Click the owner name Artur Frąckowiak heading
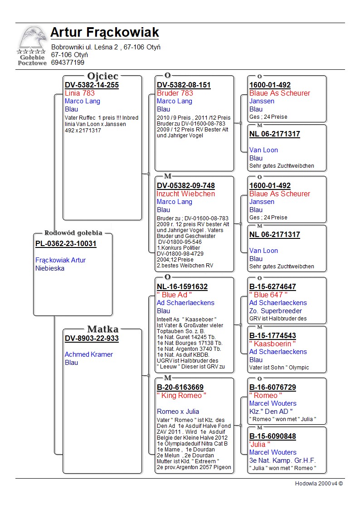tap(105, 33)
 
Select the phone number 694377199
tap(68, 63)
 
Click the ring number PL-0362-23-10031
tap(66, 244)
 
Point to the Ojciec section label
tap(102, 76)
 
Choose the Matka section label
tap(102, 329)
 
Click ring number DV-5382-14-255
tap(92, 85)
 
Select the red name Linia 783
tap(79, 93)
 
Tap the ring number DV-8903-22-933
tap(92, 338)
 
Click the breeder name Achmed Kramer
tap(88, 354)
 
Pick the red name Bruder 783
tap(175, 93)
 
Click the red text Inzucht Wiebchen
tap(185, 194)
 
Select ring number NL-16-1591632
tap(182, 287)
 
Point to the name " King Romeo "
tap(181, 396)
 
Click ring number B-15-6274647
tap(272, 287)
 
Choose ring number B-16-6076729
tap(272, 388)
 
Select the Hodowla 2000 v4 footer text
tap(319, 484)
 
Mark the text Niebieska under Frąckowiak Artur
tap(50, 268)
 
